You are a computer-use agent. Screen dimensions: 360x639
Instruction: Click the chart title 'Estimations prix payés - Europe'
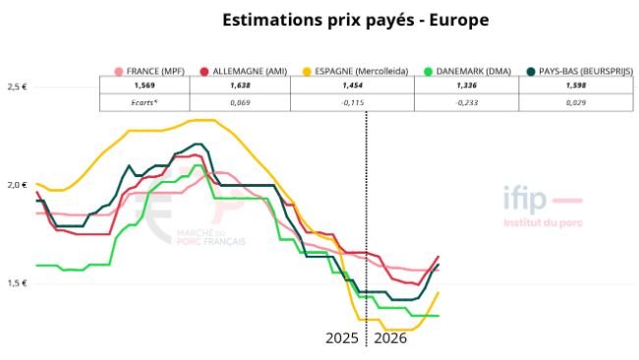click(341, 20)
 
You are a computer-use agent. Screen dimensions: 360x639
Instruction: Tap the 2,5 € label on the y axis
click(16, 87)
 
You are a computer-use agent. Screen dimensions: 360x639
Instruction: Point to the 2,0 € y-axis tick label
click(16, 185)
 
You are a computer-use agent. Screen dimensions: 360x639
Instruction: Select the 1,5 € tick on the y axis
click(16, 283)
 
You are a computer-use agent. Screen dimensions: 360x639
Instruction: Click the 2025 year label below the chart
click(342, 337)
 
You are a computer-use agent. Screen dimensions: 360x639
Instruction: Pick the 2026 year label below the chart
click(389, 337)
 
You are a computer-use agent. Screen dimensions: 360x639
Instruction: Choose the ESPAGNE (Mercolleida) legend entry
click(354, 71)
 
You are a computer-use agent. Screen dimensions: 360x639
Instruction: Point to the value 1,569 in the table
click(130, 87)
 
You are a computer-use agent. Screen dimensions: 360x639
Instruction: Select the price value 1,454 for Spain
click(353, 87)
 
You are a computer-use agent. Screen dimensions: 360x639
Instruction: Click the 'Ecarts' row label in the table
click(130, 102)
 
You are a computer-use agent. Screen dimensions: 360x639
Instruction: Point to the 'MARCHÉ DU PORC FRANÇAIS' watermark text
click(209, 237)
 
